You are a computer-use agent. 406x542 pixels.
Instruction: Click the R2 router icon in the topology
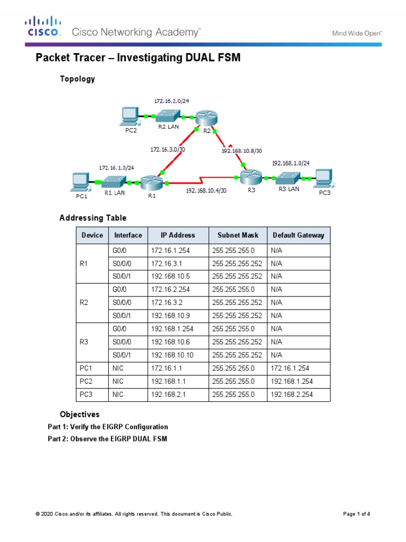[x=204, y=118]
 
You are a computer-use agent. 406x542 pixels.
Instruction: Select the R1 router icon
[x=153, y=183]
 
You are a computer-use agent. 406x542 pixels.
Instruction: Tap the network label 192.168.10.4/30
[x=206, y=191]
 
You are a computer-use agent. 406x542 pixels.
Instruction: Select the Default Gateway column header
[x=298, y=235]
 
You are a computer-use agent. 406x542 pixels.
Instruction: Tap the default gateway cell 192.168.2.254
[x=292, y=394]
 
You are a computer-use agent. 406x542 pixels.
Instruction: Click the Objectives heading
[x=79, y=414]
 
